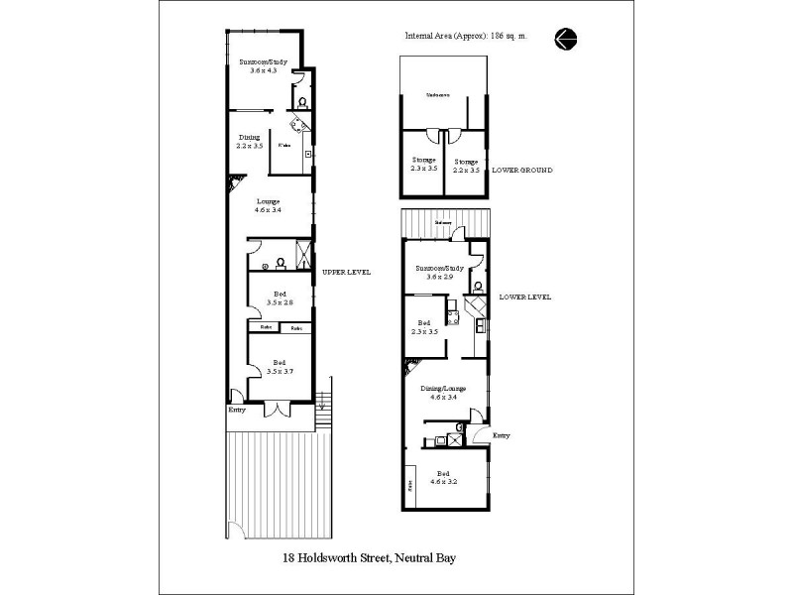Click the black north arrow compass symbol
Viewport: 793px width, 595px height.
point(567,39)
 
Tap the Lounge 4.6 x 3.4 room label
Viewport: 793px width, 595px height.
point(266,205)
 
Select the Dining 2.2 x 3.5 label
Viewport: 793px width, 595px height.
point(248,141)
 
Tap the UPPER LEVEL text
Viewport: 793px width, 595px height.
point(345,271)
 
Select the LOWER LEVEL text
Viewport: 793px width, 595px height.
point(525,297)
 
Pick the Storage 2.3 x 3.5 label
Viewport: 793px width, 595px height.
point(424,165)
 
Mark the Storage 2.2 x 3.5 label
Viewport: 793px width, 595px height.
point(466,166)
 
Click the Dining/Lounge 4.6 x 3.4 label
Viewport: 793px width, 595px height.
point(442,393)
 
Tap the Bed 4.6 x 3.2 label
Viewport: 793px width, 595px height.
point(444,477)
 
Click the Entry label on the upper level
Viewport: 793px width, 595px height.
point(237,410)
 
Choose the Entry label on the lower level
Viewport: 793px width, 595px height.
point(502,434)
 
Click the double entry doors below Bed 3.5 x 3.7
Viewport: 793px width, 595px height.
point(278,408)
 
